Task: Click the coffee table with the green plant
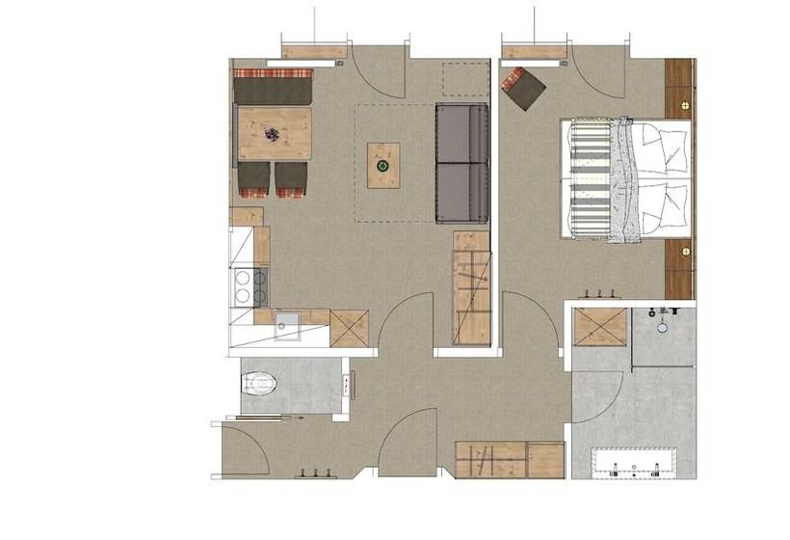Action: click(x=383, y=165)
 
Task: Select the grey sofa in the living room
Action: click(x=461, y=163)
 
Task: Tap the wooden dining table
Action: click(x=275, y=133)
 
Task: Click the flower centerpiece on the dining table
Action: click(x=275, y=136)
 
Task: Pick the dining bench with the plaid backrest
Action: click(x=273, y=88)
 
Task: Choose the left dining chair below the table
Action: click(x=254, y=178)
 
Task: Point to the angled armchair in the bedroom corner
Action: click(x=523, y=89)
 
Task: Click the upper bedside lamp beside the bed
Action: click(x=685, y=102)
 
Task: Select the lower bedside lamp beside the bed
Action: click(x=685, y=251)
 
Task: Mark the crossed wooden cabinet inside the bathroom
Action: click(x=601, y=327)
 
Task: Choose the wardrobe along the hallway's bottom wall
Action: click(x=509, y=459)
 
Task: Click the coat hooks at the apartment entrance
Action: click(x=317, y=472)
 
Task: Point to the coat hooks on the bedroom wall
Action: click(x=600, y=293)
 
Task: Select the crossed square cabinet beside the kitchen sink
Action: click(x=349, y=328)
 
